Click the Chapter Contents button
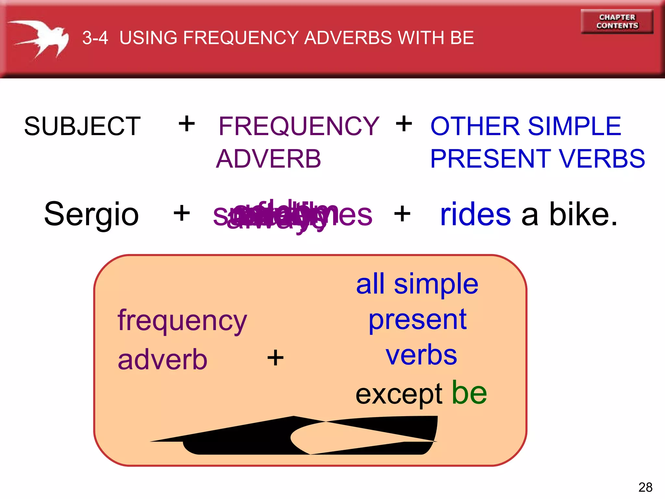coord(617,21)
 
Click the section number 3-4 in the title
coord(95,38)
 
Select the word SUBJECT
coord(82,126)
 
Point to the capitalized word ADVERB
coord(269,159)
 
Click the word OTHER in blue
coord(475,126)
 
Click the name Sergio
coord(91,214)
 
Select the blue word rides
coord(475,214)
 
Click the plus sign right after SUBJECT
coord(187,124)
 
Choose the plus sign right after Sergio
coord(182,213)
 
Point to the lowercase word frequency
coord(182,321)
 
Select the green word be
coord(469,393)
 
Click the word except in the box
coord(399,394)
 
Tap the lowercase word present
coord(418,320)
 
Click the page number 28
coord(645,487)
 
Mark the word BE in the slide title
coord(462,38)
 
